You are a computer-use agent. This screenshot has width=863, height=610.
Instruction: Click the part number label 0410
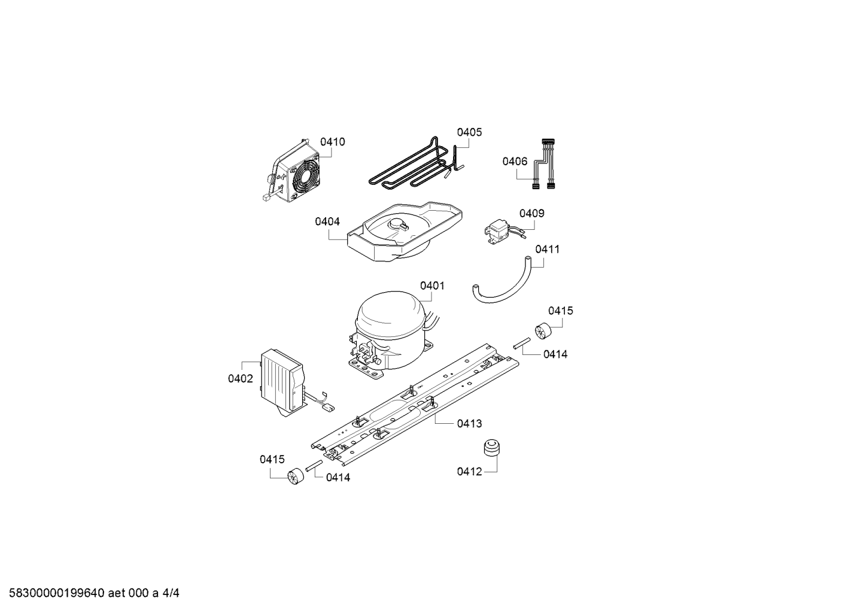pyautogui.click(x=333, y=142)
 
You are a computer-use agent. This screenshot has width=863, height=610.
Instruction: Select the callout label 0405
pyautogui.click(x=469, y=132)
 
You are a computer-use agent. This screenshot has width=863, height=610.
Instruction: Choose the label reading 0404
pyautogui.click(x=327, y=221)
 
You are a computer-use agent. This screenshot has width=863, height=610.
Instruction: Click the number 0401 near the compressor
pyautogui.click(x=432, y=286)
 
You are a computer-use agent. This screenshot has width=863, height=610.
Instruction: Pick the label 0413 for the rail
pyautogui.click(x=469, y=423)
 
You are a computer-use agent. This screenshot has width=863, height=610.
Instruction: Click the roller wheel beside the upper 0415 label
pyautogui.click(x=543, y=330)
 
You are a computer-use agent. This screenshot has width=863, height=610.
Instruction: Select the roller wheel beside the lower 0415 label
pyautogui.click(x=296, y=477)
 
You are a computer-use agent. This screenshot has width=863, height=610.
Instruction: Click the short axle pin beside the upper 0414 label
pyautogui.click(x=522, y=344)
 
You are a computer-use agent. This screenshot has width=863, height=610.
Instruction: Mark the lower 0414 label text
pyautogui.click(x=338, y=478)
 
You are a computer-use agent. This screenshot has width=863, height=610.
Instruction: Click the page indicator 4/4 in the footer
pyautogui.click(x=171, y=593)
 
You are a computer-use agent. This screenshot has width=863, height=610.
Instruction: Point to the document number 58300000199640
pyautogui.click(x=57, y=593)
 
